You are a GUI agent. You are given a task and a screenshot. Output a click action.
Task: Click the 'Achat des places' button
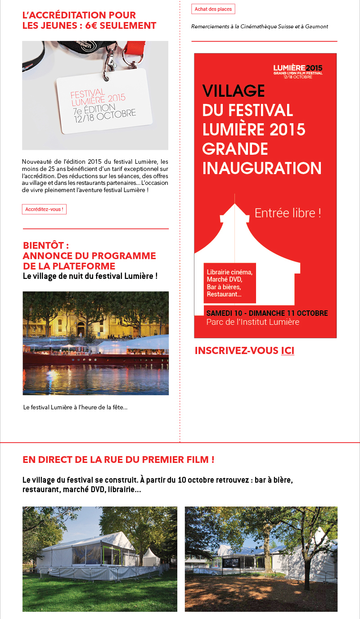213,9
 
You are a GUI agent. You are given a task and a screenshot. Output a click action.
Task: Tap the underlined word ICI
288,350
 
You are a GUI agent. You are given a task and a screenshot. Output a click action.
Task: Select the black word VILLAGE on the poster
234,91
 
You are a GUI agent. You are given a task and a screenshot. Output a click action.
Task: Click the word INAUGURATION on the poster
262,168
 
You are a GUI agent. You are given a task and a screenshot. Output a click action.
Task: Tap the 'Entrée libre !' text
288,213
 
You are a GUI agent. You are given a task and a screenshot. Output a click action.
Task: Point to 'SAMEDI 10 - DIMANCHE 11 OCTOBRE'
267,313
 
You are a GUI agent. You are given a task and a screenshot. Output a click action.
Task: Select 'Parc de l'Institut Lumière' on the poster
252,322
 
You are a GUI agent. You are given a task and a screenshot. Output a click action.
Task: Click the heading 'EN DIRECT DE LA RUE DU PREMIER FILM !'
118,460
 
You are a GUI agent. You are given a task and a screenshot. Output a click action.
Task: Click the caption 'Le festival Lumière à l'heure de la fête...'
75,408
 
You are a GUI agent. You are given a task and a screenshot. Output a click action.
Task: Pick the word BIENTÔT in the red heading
45,246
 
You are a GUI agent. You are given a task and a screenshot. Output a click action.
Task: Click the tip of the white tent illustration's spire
234,195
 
